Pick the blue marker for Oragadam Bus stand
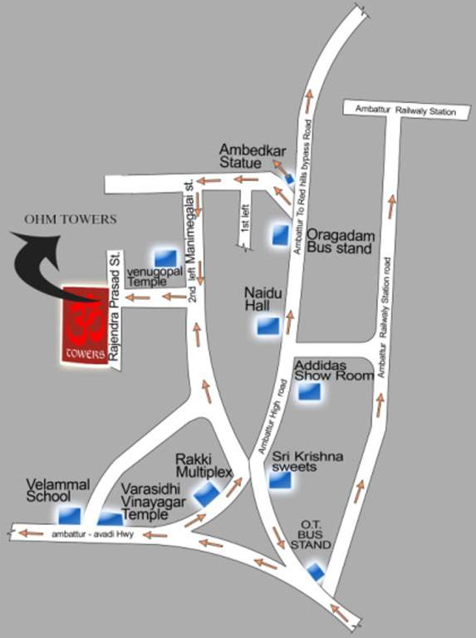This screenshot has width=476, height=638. pos(280,235)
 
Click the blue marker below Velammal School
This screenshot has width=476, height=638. pos(70,515)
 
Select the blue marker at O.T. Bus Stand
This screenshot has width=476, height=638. pos(317,572)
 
